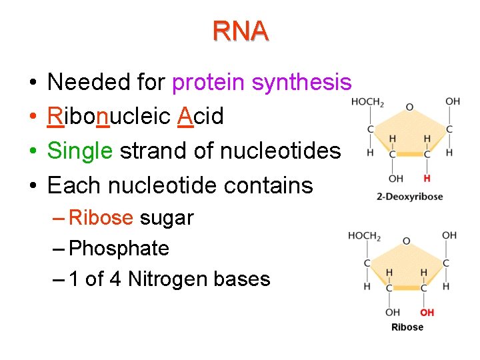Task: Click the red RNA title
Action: pyautogui.click(x=241, y=31)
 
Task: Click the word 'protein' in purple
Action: pyautogui.click(x=209, y=83)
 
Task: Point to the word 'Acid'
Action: pyautogui.click(x=201, y=117)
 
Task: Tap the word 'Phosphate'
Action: pyautogui.click(x=119, y=249)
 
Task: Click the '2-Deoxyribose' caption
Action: pyautogui.click(x=409, y=197)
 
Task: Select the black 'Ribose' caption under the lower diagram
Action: pyautogui.click(x=407, y=327)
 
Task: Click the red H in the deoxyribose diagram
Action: pyautogui.click(x=427, y=179)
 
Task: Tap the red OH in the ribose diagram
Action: pyautogui.click(x=427, y=313)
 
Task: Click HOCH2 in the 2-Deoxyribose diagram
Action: pyautogui.click(x=367, y=103)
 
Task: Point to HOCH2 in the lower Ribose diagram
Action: pyautogui.click(x=364, y=237)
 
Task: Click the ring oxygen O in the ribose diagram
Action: pyautogui.click(x=407, y=240)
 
